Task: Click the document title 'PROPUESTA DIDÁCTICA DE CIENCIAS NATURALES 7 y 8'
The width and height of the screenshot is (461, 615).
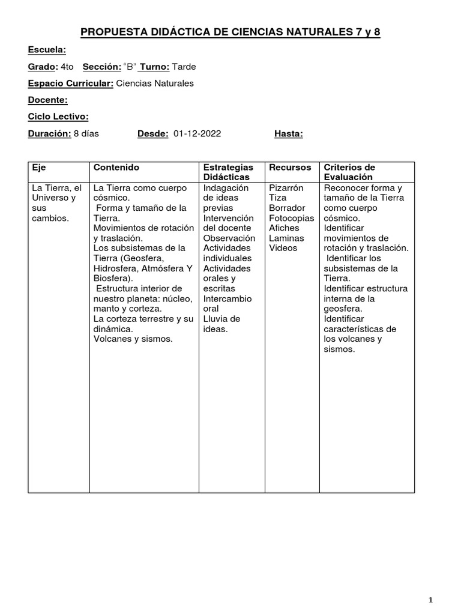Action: tap(230, 33)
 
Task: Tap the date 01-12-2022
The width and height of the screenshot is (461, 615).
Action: tap(197, 134)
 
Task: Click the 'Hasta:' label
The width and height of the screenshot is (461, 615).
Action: tap(288, 134)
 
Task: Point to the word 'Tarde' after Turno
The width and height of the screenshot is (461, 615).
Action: tap(184, 67)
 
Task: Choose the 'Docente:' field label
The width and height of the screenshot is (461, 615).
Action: tap(47, 100)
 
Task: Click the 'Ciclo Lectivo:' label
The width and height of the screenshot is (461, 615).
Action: tap(58, 117)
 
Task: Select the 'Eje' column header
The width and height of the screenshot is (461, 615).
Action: tap(38, 168)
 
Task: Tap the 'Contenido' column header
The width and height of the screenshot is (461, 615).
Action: tap(116, 168)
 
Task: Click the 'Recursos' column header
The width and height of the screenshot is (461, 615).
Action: tap(290, 168)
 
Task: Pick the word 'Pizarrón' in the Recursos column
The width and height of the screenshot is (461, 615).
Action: tap(286, 188)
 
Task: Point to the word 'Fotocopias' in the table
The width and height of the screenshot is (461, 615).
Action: tap(291, 218)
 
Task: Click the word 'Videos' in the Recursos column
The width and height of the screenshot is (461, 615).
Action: tap(283, 248)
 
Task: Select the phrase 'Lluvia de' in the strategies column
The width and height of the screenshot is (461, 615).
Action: tap(221, 319)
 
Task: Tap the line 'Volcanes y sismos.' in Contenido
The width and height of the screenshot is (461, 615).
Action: tap(133, 339)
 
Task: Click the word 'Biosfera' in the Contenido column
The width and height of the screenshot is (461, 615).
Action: tap(111, 279)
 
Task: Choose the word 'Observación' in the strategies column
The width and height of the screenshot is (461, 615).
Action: tap(229, 238)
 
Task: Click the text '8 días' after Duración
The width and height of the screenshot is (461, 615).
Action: tap(86, 134)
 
